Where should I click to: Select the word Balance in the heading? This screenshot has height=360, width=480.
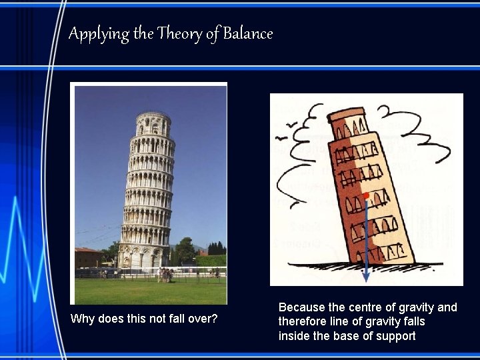(x=247, y=33)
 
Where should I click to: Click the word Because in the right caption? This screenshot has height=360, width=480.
(x=302, y=307)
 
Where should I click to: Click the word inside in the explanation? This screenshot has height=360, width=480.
(x=294, y=336)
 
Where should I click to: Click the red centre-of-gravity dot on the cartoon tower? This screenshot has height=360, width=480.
(x=366, y=195)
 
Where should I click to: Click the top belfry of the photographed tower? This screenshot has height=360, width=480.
(x=153, y=124)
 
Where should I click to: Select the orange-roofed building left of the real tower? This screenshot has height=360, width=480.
(x=88, y=257)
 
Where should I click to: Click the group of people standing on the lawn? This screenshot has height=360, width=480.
(x=166, y=274)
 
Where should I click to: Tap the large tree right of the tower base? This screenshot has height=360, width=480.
(x=184, y=252)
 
